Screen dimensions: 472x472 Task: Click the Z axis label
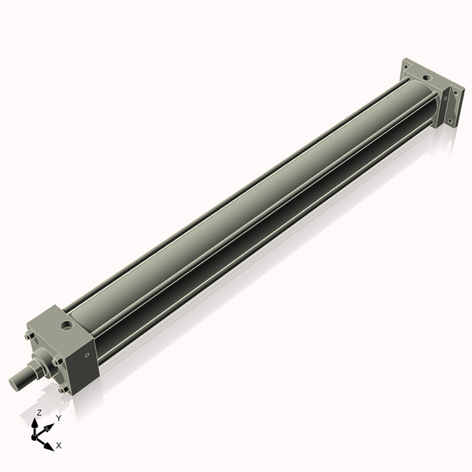[39, 412]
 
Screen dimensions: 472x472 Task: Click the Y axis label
[59, 419]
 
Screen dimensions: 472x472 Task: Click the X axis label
[59, 445]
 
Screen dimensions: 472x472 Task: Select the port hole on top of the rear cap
[425, 77]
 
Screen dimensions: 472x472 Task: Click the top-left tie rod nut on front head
[29, 337]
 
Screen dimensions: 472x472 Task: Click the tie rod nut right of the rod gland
[57, 362]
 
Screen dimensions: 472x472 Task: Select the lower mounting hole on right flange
[451, 120]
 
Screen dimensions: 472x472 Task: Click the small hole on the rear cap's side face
[443, 101]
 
